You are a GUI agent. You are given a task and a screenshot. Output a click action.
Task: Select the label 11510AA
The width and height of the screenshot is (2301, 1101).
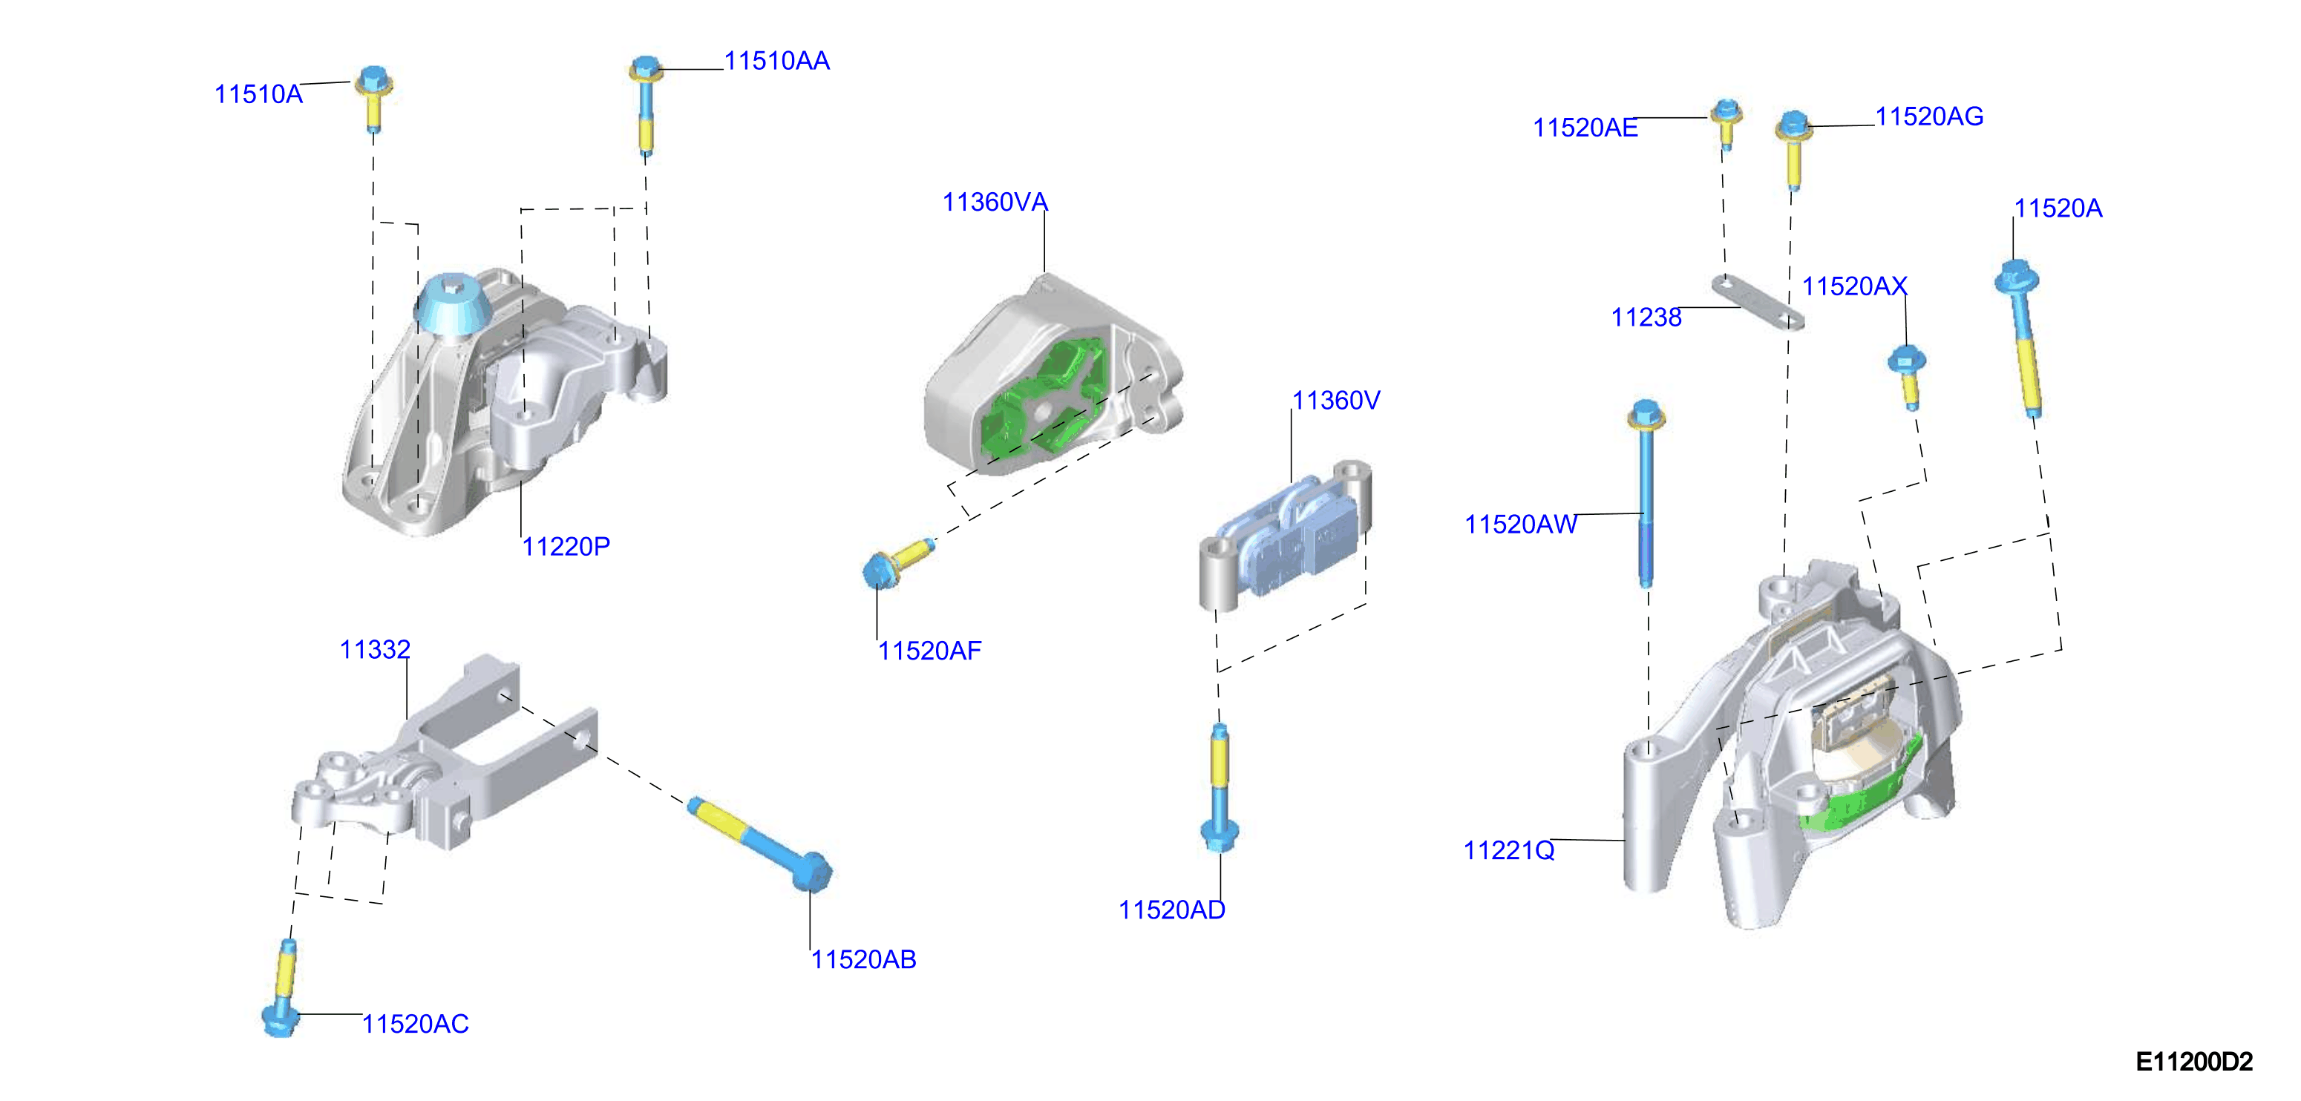click(x=777, y=61)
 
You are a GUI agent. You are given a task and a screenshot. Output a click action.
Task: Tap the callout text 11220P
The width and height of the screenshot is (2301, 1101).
click(x=566, y=547)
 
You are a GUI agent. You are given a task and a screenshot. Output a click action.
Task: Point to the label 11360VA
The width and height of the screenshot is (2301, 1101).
click(x=995, y=202)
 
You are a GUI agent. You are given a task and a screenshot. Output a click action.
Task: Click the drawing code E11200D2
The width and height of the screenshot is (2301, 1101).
click(x=2194, y=1062)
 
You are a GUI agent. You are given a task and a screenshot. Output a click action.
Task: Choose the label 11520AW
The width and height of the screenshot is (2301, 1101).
click(x=1520, y=524)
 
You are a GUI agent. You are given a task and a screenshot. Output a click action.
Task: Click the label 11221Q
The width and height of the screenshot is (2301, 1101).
click(x=1509, y=850)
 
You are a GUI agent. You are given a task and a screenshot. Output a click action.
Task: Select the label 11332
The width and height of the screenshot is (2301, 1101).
click(x=375, y=649)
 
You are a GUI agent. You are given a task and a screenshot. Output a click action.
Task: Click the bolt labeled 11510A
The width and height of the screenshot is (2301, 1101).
click(x=374, y=98)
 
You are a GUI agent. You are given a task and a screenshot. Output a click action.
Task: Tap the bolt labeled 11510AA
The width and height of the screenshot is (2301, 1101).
click(x=646, y=105)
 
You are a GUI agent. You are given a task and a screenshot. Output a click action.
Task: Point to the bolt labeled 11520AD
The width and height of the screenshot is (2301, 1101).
click(x=1220, y=788)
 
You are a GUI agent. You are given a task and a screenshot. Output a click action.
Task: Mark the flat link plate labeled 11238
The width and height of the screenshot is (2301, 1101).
click(x=1757, y=302)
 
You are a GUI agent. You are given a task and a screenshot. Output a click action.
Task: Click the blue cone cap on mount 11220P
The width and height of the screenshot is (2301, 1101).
click(x=452, y=306)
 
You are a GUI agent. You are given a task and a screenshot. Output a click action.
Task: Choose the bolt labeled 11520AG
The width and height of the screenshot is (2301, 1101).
click(x=1793, y=149)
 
